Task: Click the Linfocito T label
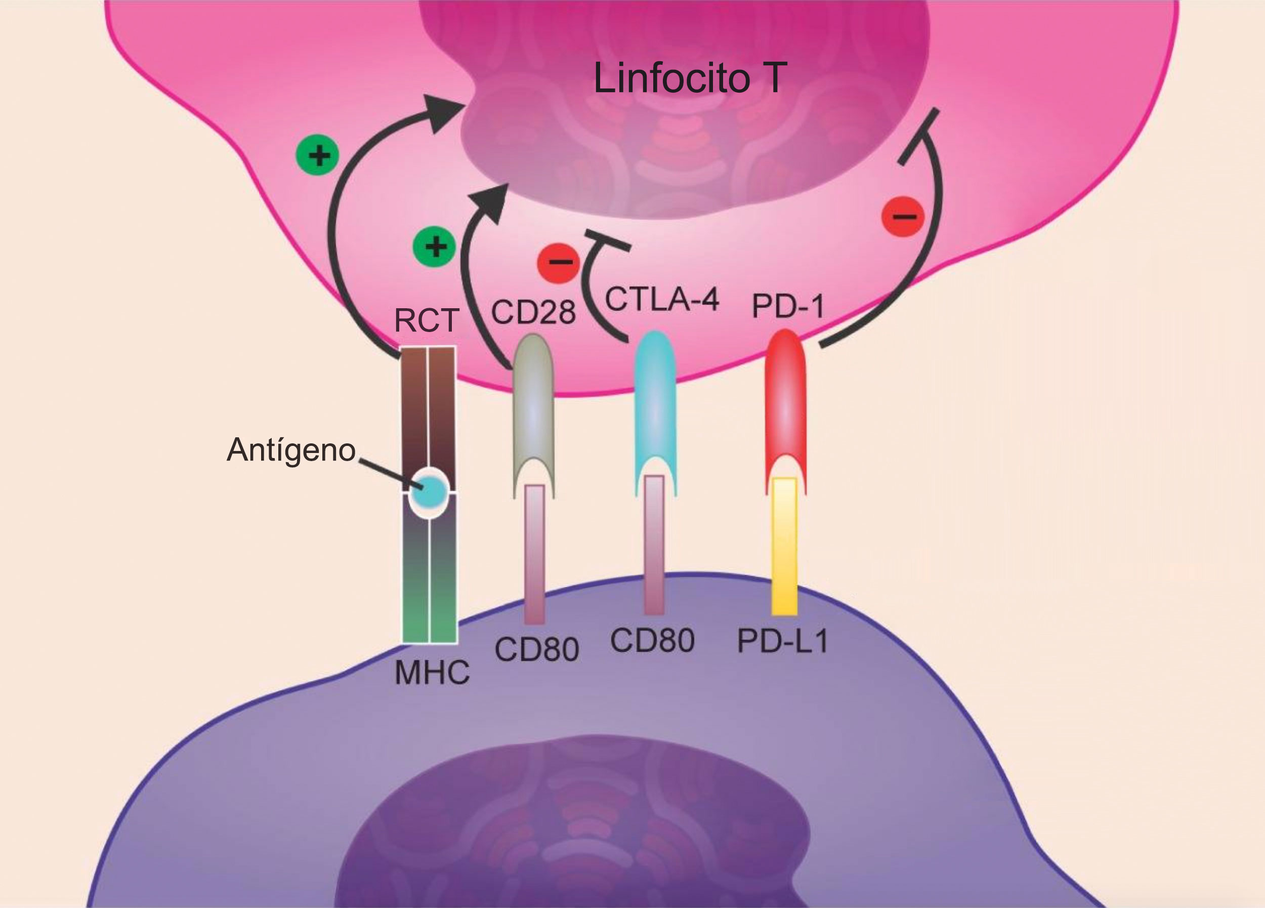pyautogui.click(x=690, y=78)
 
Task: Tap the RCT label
pyautogui.click(x=426, y=321)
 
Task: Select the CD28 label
pyautogui.click(x=533, y=312)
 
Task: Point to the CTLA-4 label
pyautogui.click(x=662, y=300)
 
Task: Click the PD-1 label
pyautogui.click(x=787, y=306)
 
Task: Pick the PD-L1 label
pyautogui.click(x=783, y=641)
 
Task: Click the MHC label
pyautogui.click(x=432, y=673)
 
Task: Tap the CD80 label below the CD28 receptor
pyautogui.click(x=536, y=649)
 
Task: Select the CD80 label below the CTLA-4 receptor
pyautogui.click(x=652, y=640)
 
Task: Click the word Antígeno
pyautogui.click(x=290, y=449)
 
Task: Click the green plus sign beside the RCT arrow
pyautogui.click(x=317, y=154)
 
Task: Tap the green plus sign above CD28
pyautogui.click(x=435, y=246)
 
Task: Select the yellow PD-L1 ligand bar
pyautogui.click(x=784, y=547)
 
